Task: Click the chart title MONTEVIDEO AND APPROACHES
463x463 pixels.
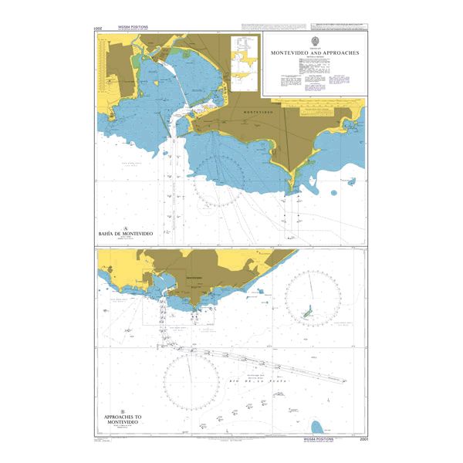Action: coord(314,53)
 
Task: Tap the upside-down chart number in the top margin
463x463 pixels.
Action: coord(97,29)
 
